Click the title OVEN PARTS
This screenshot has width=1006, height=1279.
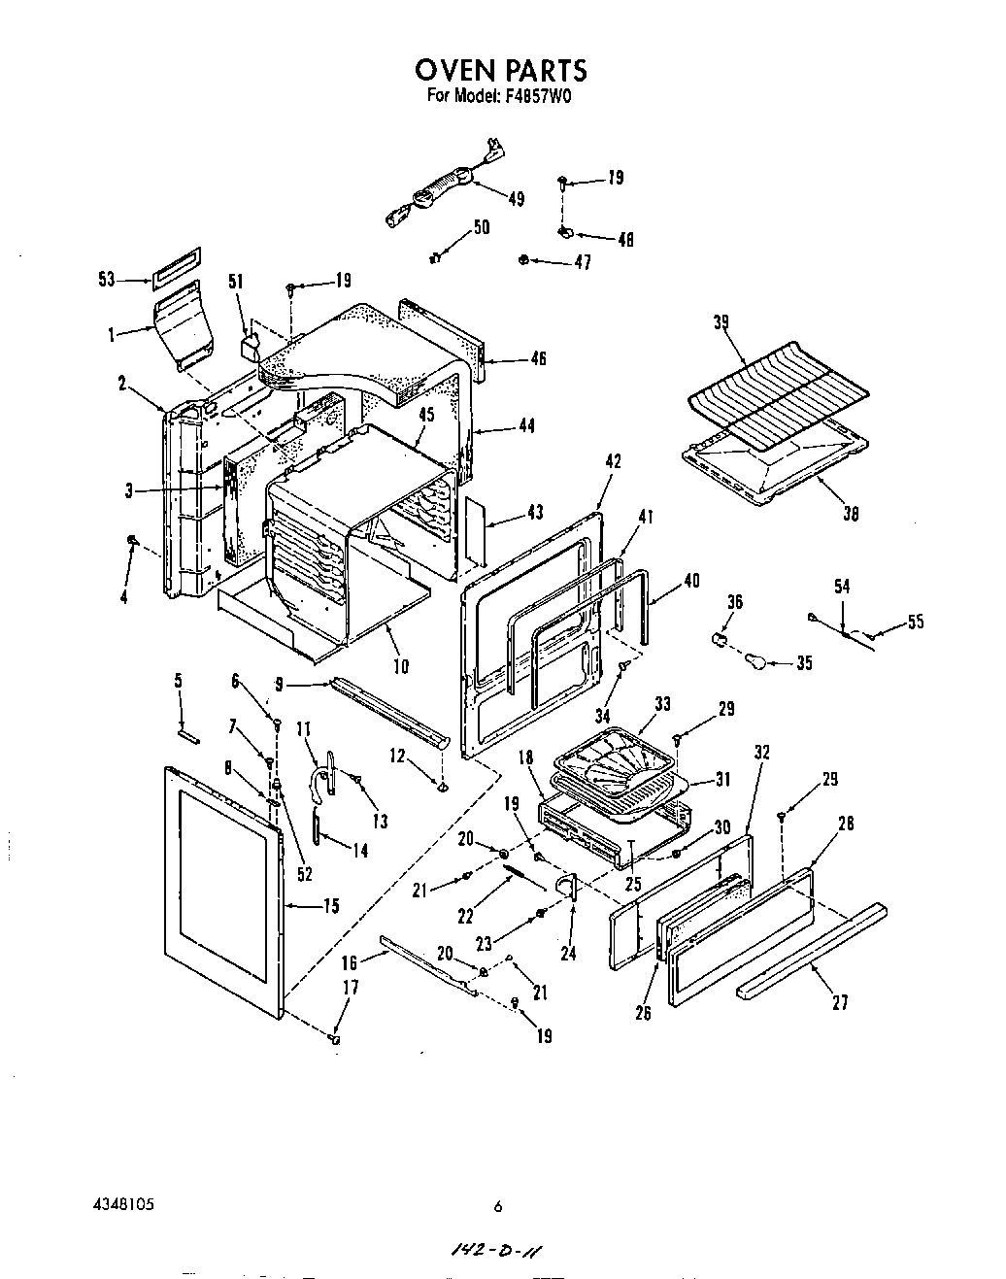501,70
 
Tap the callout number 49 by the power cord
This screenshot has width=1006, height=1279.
516,198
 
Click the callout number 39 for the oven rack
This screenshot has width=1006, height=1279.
722,322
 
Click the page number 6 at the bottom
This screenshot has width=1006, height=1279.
497,1207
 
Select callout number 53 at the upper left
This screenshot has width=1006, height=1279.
107,280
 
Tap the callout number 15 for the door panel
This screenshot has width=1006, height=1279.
330,906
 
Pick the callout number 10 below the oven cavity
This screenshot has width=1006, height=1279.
401,665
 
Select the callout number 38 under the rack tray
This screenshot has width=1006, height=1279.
851,515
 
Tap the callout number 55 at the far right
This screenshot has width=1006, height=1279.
915,623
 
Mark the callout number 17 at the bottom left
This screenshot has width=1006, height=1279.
350,988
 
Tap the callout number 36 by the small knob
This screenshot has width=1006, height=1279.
734,602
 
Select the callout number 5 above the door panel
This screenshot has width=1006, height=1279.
179,681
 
